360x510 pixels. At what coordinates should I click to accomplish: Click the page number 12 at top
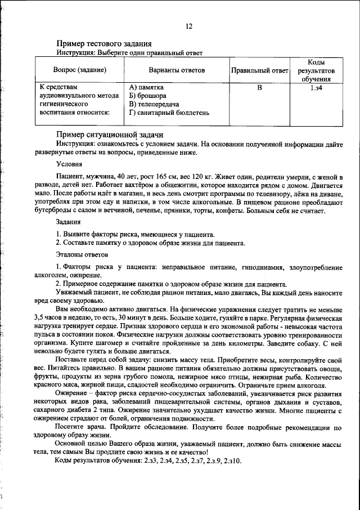click(x=188, y=26)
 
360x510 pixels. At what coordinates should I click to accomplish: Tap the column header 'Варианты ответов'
click(x=177, y=70)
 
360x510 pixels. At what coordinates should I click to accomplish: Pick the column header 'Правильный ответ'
click(x=259, y=70)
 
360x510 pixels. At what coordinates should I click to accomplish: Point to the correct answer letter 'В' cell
click(x=259, y=88)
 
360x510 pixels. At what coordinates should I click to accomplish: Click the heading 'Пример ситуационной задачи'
click(x=110, y=135)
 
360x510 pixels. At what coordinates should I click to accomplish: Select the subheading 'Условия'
click(x=69, y=164)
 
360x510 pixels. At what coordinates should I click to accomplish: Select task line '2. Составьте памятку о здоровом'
click(x=150, y=243)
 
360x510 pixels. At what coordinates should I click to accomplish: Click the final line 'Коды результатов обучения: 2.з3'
click(x=147, y=461)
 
